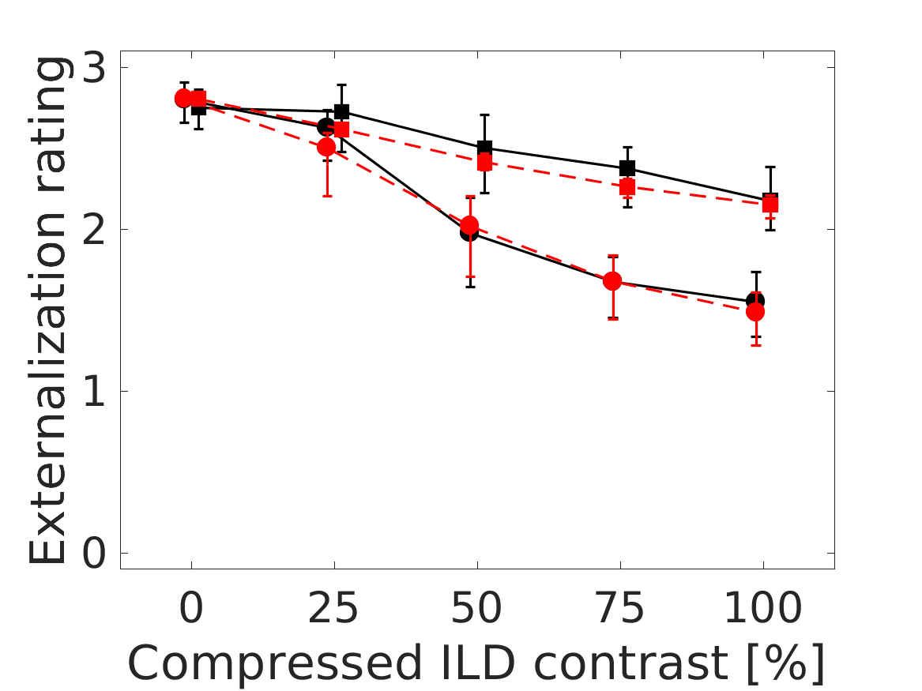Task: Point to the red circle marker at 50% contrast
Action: [x=469, y=226]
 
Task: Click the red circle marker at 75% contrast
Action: [x=612, y=281]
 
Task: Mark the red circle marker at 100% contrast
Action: [x=755, y=312]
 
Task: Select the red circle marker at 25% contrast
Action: [x=326, y=147]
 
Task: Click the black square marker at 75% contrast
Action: [x=627, y=167]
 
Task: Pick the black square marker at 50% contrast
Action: [x=485, y=148]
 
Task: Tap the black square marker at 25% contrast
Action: [x=341, y=111]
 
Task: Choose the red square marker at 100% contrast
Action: [x=770, y=205]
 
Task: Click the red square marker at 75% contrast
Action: [x=627, y=187]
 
